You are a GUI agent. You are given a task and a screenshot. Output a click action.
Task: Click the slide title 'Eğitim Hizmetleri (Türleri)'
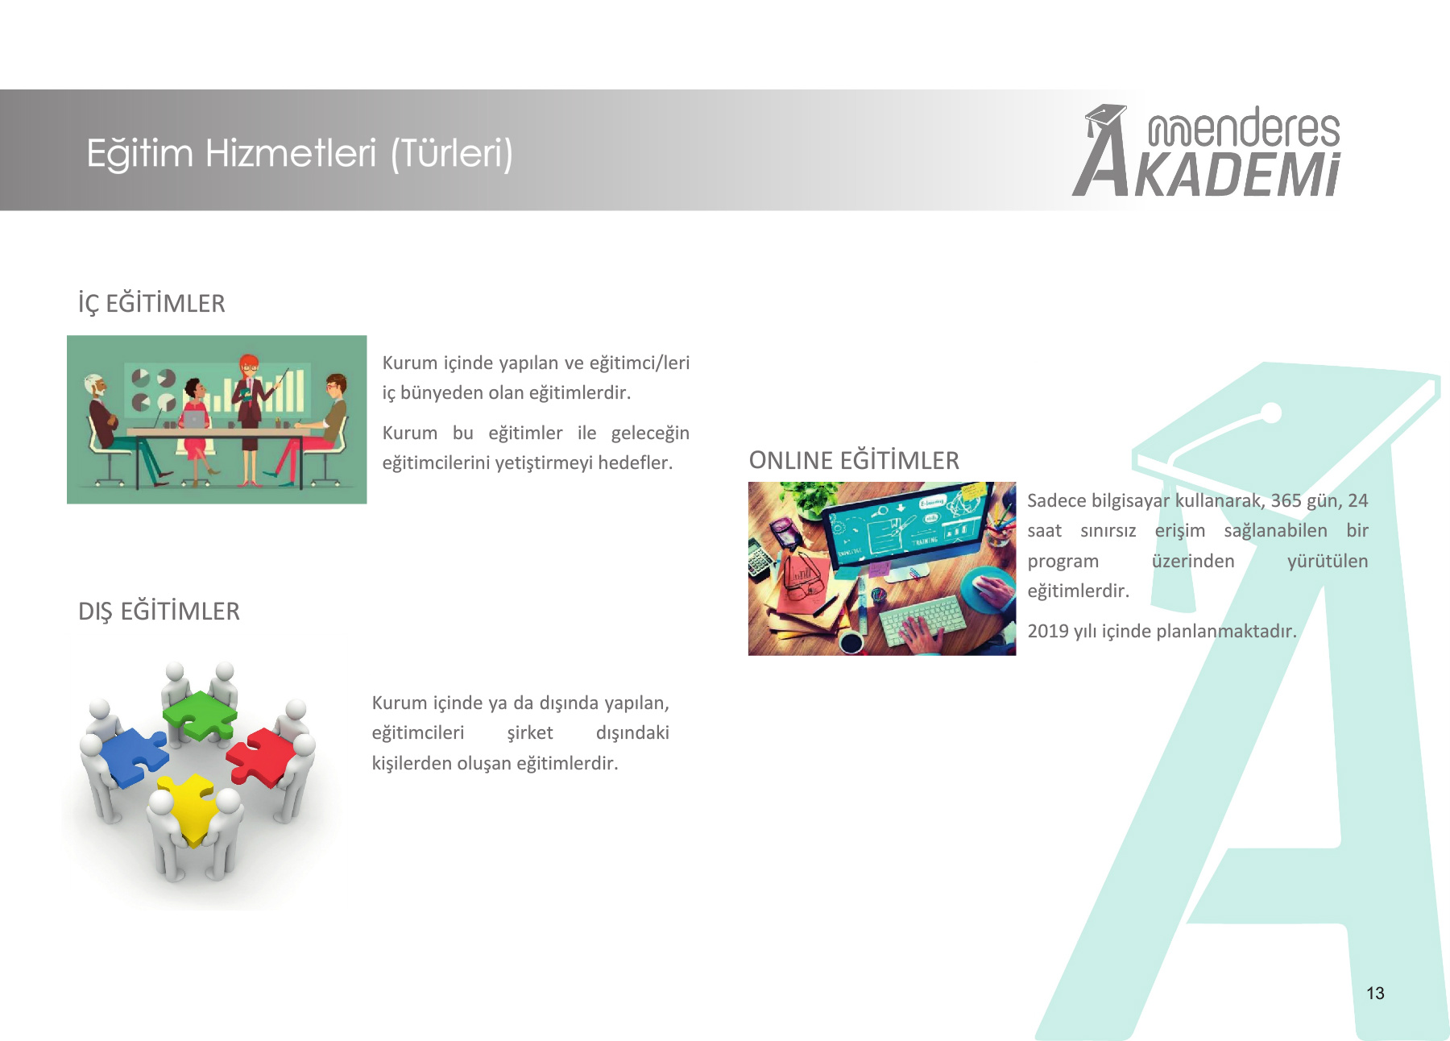coord(300,153)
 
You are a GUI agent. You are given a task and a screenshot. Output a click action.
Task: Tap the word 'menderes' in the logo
coord(1244,128)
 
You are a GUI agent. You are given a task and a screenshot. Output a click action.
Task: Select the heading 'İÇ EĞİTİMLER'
coord(151,304)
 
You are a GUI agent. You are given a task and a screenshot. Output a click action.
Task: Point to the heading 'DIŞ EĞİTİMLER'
coord(159,611)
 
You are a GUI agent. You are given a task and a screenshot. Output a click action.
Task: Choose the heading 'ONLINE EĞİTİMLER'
coord(854,460)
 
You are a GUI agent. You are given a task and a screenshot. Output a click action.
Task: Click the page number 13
coord(1375,993)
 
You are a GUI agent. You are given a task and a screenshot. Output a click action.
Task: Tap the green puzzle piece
coord(199,715)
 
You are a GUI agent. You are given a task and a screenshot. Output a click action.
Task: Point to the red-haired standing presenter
coord(249,419)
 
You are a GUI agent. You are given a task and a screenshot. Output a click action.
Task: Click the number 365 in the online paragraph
coord(1286,500)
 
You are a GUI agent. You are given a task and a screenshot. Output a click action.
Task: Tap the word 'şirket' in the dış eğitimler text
coord(530,733)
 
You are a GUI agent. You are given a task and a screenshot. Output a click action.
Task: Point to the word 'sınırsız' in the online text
coord(1108,531)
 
